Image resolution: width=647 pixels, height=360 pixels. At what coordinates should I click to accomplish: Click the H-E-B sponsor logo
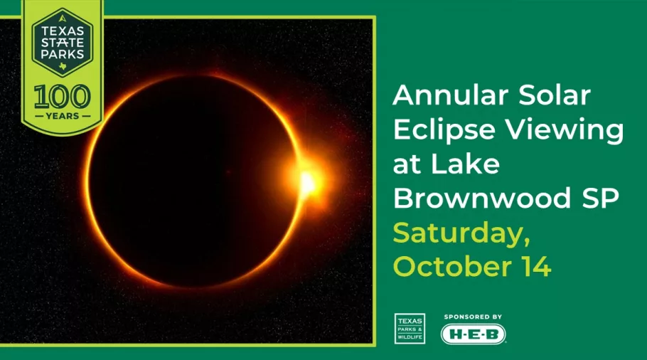point(473,334)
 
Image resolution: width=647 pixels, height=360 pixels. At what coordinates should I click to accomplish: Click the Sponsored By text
point(473,316)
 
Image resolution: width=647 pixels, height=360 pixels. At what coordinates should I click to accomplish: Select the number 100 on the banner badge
point(62,96)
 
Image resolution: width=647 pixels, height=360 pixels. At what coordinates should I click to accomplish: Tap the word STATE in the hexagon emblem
point(62,43)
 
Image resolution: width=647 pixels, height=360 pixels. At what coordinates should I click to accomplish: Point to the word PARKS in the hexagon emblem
point(62,55)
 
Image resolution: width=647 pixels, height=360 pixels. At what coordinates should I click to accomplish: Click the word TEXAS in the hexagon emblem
point(62,31)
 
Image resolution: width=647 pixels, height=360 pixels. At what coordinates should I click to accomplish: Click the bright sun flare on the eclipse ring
point(308,182)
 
